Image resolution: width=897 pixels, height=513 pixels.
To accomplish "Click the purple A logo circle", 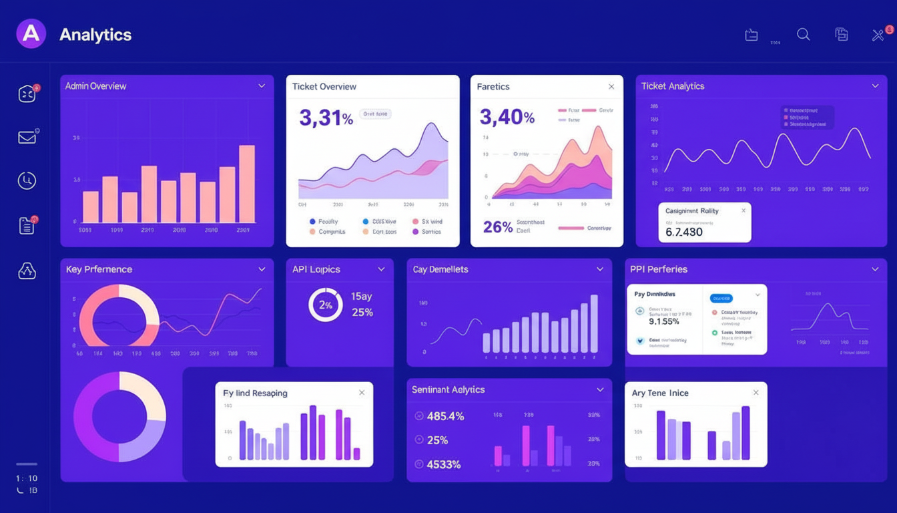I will point(31,33).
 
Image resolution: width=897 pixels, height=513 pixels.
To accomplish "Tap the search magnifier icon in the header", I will point(804,35).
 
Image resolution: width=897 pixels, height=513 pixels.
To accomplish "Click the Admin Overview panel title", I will point(95,86).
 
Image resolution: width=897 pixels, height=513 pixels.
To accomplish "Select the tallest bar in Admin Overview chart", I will point(247,184).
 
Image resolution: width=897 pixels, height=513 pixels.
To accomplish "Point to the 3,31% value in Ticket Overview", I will point(326,118).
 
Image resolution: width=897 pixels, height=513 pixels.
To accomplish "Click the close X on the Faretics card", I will point(611,87).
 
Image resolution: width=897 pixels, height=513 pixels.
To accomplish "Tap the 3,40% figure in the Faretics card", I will point(507,118).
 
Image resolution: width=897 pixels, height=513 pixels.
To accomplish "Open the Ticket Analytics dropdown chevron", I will point(875,86).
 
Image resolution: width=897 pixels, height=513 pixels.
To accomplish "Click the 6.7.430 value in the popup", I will point(684,232).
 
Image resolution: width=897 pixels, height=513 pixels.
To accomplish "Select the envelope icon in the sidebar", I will point(27,138).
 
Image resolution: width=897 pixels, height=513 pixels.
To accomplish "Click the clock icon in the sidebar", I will point(27,180).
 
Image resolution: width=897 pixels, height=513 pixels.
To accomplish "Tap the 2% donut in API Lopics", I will point(325,305).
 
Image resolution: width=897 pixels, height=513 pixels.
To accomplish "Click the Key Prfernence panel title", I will point(99,269).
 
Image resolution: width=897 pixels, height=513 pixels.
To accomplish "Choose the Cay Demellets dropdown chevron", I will point(600,269).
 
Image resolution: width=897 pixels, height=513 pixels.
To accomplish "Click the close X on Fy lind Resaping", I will point(362,393).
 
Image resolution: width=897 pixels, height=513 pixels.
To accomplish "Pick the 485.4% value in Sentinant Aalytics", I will point(446,416).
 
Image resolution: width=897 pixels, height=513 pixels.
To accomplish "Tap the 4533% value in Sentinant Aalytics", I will point(443,464).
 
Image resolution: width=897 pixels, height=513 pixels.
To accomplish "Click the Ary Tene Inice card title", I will point(660,393).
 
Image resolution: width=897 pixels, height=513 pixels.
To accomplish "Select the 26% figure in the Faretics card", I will point(497,227).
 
